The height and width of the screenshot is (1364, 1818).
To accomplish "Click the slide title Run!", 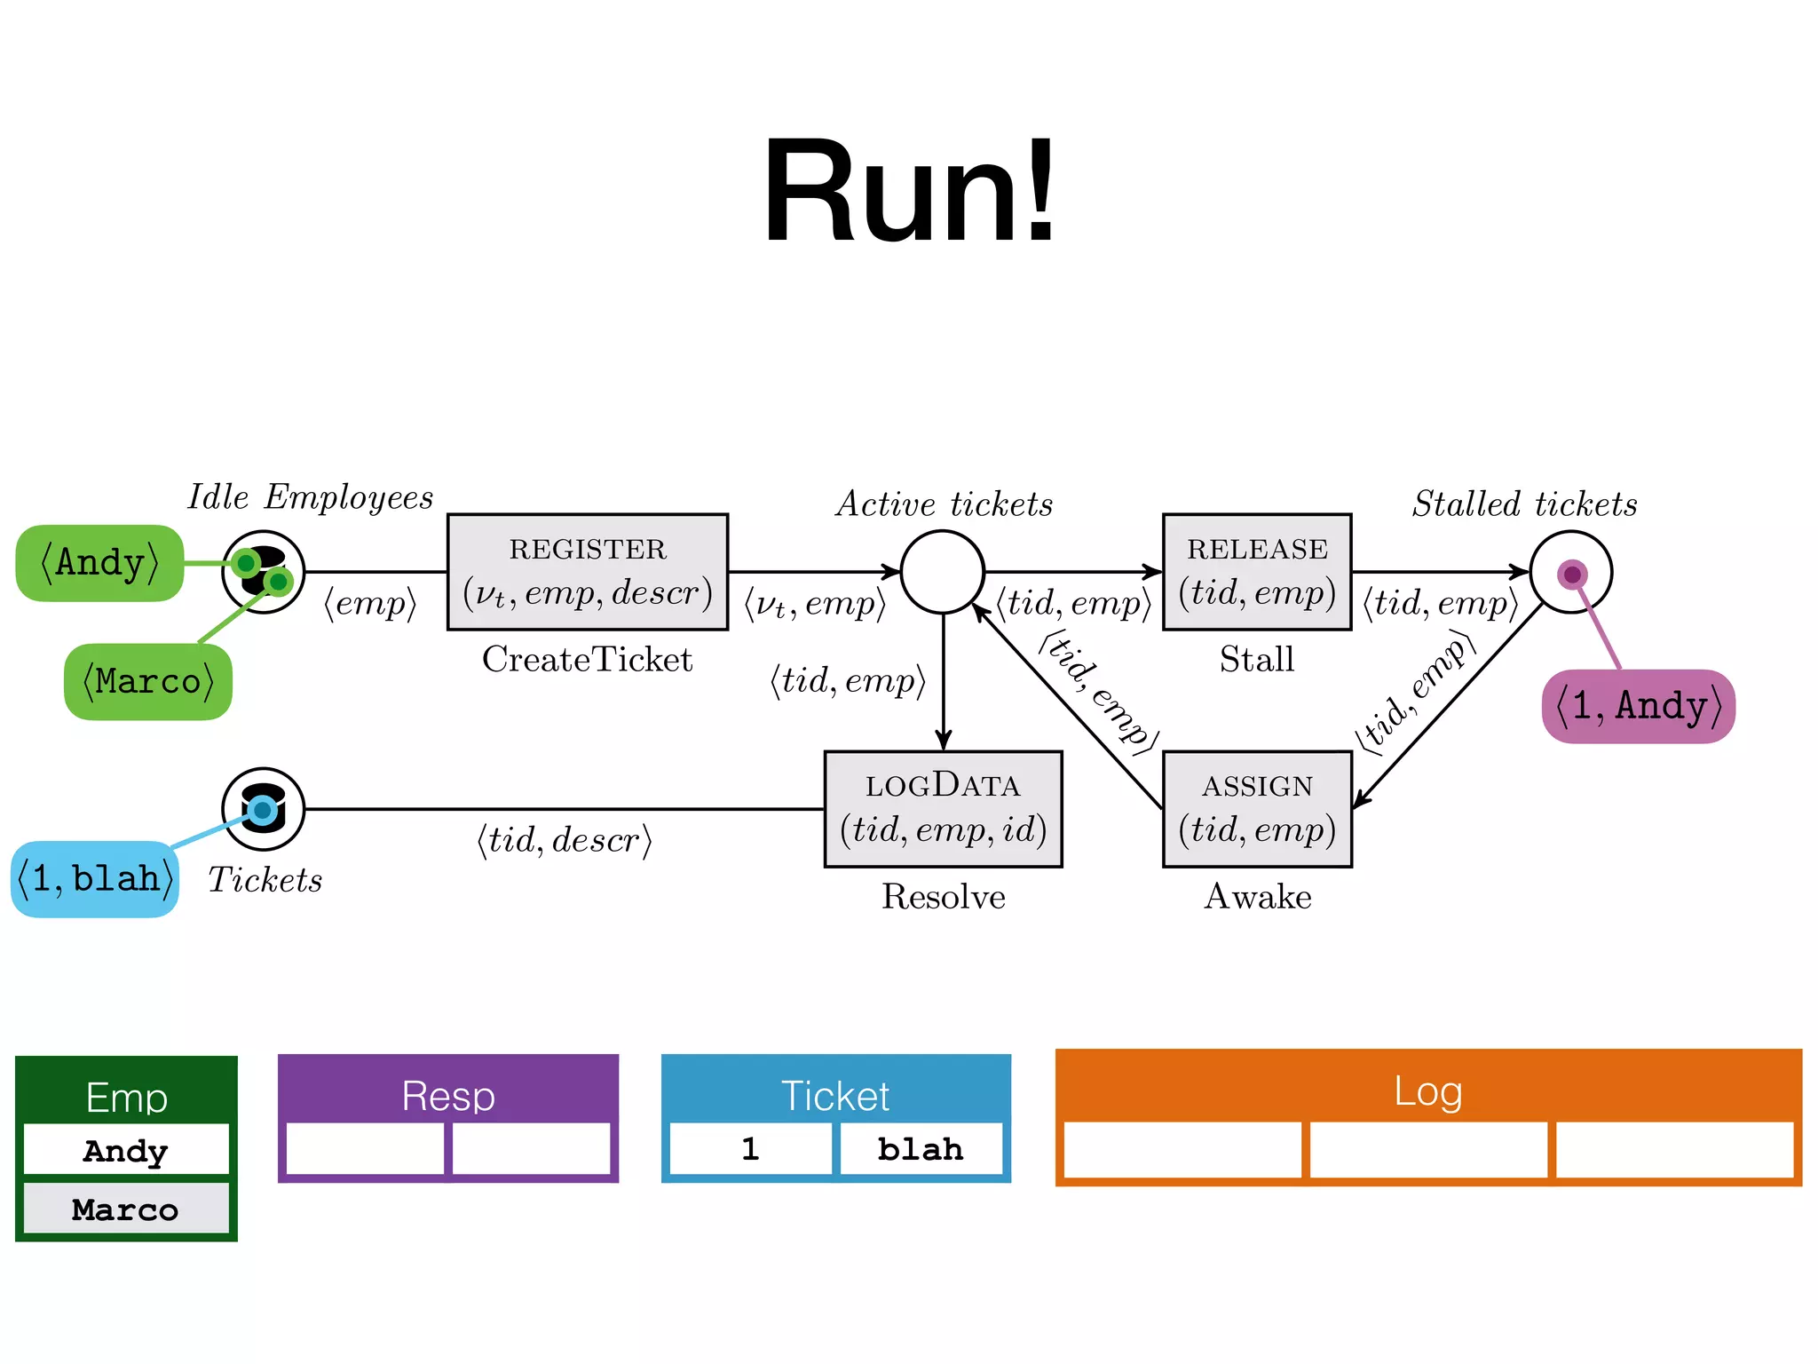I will (909, 191).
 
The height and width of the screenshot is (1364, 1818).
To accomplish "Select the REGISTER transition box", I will (587, 571).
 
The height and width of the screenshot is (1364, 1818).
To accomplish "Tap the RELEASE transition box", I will (1256, 571).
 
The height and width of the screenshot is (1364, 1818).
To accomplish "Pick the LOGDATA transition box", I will (943, 808).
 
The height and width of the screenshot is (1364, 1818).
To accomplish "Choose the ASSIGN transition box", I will (1256, 808).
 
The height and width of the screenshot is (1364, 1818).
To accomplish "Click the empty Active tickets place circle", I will (942, 571).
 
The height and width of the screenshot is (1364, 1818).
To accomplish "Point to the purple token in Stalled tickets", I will (1571, 575).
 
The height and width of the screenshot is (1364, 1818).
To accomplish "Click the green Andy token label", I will (99, 563).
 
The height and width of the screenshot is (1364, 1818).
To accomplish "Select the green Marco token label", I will (148, 682).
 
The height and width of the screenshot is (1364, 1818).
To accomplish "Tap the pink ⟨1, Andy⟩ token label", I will (1638, 706).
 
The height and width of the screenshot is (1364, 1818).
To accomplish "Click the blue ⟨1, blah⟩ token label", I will (95, 879).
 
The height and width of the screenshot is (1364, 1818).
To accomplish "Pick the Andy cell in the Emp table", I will (125, 1150).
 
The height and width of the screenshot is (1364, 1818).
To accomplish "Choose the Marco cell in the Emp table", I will (125, 1209).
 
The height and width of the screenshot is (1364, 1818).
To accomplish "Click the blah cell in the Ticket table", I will (920, 1149).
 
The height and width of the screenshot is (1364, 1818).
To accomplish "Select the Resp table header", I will (447, 1094).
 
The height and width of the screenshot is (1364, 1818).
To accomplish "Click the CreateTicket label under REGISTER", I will (587, 659).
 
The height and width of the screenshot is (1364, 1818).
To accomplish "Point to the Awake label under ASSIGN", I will (1257, 896).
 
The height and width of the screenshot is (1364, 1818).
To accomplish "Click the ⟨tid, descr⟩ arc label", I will (565, 839).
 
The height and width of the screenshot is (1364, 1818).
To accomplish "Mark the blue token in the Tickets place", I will (262, 809).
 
